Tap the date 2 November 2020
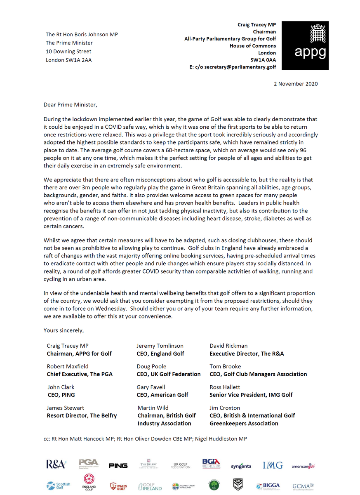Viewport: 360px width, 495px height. (296, 84)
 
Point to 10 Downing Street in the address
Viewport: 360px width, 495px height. (68, 52)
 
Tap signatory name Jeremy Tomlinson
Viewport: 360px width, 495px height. (160, 346)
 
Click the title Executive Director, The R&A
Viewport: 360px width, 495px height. (247, 354)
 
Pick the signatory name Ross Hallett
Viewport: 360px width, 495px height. (225, 387)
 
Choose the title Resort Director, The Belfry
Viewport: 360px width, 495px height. (82, 415)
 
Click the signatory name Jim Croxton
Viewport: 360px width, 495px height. (225, 408)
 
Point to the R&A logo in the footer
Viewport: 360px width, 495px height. (56, 464)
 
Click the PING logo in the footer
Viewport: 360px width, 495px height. (118, 466)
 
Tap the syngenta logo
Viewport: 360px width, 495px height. (241, 466)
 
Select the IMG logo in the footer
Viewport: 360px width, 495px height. (273, 465)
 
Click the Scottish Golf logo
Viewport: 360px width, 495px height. (58, 486)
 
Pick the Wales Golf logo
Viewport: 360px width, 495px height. (118, 486)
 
